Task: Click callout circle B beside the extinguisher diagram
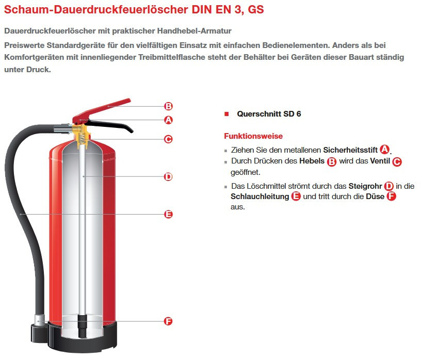(x=168, y=106)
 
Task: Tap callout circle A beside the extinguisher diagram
(x=168, y=120)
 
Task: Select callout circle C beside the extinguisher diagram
(x=168, y=139)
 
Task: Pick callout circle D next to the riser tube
(x=168, y=176)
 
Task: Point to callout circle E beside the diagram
(x=168, y=214)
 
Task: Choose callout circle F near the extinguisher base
(x=168, y=321)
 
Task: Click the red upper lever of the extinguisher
(x=102, y=110)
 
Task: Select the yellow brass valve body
(x=82, y=136)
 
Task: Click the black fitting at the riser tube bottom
(x=82, y=326)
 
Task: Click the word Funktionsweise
(x=253, y=136)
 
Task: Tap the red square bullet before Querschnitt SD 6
(x=226, y=114)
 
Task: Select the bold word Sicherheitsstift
(x=350, y=150)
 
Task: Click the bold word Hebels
(x=312, y=161)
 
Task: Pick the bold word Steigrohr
(x=365, y=186)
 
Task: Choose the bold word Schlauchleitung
(x=260, y=197)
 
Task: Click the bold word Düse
(x=375, y=197)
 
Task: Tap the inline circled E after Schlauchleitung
(x=296, y=196)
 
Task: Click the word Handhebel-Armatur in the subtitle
(x=195, y=31)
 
